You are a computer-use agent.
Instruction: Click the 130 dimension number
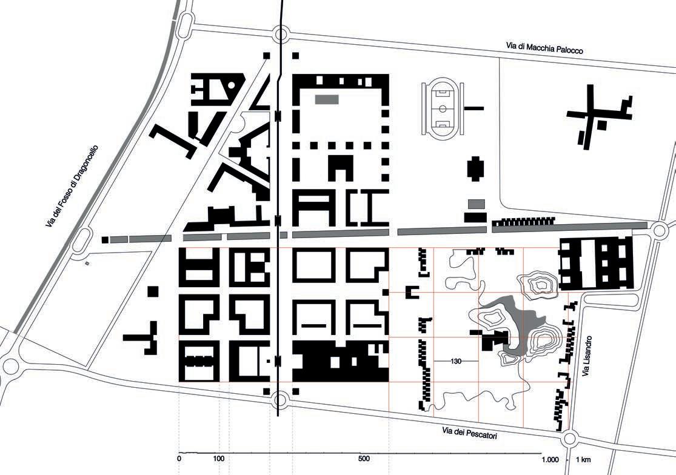[457, 361]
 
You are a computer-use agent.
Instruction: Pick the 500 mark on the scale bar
[363, 459]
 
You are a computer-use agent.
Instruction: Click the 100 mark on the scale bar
[219, 459]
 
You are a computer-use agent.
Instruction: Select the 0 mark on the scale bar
[179, 459]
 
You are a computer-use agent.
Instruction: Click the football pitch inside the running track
[443, 108]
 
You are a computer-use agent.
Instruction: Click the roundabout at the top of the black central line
[281, 35]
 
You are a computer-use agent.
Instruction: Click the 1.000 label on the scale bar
[551, 459]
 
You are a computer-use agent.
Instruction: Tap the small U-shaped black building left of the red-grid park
[412, 293]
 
